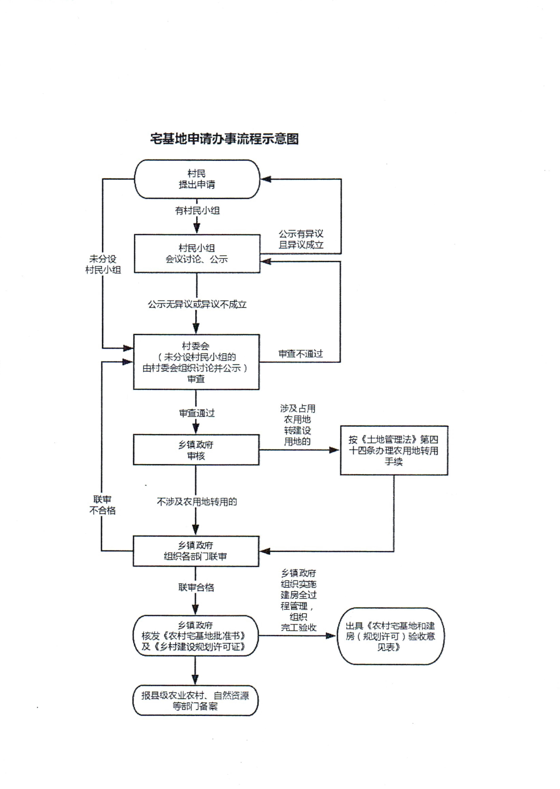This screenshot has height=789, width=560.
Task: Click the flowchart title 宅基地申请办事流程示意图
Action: [224, 139]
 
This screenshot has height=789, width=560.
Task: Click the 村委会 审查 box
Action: [196, 362]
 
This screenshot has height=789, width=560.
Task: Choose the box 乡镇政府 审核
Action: [196, 450]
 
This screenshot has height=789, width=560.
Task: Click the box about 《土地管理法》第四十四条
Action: [394, 450]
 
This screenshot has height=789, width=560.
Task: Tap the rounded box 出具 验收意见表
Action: [390, 636]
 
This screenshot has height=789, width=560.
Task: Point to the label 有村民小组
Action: [197, 210]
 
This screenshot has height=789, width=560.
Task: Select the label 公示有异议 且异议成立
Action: [301, 239]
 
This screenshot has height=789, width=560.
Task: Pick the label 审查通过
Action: [196, 413]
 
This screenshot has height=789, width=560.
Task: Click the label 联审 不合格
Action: [102, 505]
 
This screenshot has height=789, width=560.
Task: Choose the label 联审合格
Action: [196, 588]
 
